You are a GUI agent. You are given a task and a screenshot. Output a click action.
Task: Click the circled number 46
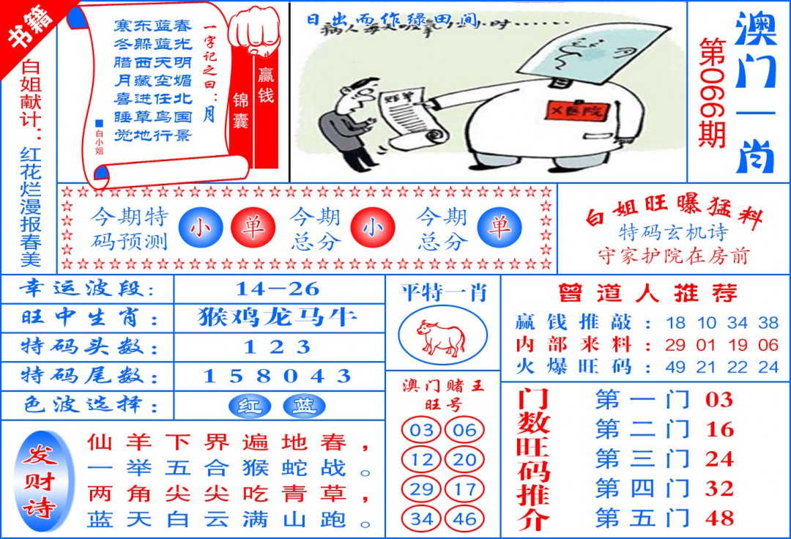point(464,518)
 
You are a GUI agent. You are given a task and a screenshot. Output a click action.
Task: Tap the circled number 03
point(421,430)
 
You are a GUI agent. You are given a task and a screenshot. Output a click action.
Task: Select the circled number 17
point(464,488)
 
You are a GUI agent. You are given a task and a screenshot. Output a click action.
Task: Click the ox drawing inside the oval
point(442,337)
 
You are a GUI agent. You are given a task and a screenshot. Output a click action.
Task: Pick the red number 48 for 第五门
point(718,517)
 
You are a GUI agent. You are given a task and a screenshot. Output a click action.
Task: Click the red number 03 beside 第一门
point(718,400)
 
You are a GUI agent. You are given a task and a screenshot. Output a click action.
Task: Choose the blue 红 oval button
point(250,406)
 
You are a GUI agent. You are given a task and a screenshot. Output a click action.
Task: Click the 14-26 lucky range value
point(278,288)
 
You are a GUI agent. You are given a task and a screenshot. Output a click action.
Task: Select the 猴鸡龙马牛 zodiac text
point(278,317)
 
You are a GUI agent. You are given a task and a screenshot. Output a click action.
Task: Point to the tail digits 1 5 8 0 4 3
point(278,376)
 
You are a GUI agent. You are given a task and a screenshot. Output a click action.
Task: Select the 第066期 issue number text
point(710,92)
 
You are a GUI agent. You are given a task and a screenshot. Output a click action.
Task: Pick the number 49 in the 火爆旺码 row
point(675,365)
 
